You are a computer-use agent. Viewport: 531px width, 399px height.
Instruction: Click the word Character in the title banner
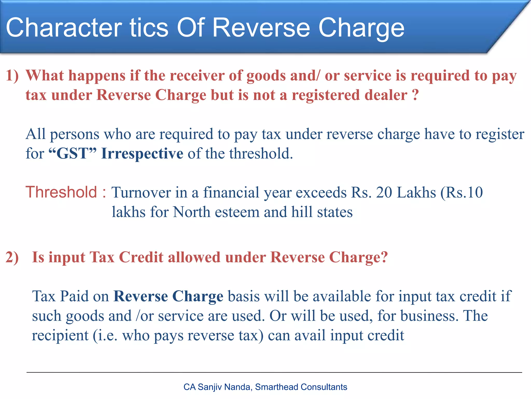(64, 28)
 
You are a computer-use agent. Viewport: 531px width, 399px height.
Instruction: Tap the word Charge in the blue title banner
(361, 28)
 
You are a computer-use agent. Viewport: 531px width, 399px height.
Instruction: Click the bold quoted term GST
(73, 153)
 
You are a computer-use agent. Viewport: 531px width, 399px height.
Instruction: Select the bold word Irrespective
(142, 154)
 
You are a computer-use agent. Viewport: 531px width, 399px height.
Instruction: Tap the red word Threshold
(61, 192)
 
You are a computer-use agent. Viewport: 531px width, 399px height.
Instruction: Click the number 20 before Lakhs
(384, 192)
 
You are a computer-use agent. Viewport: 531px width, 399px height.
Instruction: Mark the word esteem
(237, 212)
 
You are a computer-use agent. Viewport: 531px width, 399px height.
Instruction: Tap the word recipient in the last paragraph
(60, 336)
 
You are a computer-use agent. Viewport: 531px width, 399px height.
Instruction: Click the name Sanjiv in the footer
(210, 387)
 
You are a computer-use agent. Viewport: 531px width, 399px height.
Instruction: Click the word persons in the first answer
(75, 135)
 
